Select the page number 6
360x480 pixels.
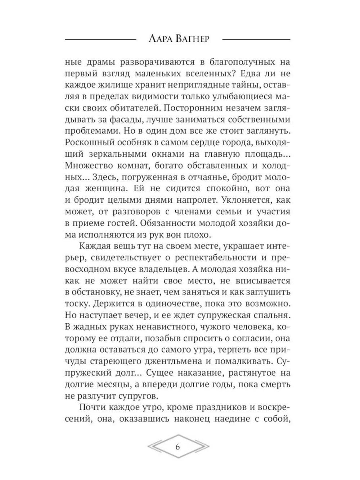[x=178, y=447]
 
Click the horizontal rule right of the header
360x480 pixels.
[x=256, y=39]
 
